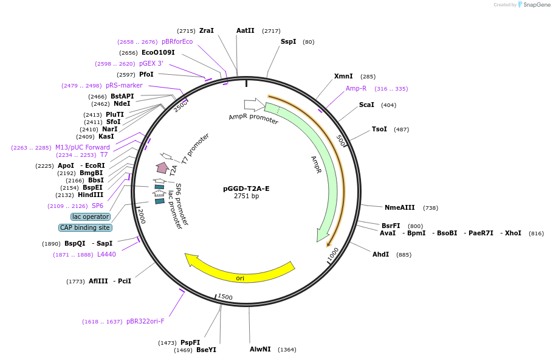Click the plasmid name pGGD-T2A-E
coord(246,189)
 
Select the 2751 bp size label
coord(246,196)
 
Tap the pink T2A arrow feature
coord(163,167)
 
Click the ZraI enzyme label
coord(207,30)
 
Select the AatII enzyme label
coord(246,30)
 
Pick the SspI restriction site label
coord(288,41)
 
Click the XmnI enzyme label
coord(343,76)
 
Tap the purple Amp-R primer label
coord(356,88)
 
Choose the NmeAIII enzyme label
coord(400,207)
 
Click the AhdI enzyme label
coord(381,254)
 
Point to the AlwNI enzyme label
coord(260,349)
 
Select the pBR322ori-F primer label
coord(145,321)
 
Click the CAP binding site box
coord(85,227)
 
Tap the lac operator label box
coord(91,216)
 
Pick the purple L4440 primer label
coord(106,254)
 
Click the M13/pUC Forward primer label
coord(83,147)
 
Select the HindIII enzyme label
coord(91,195)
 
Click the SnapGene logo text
coord(537,4)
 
